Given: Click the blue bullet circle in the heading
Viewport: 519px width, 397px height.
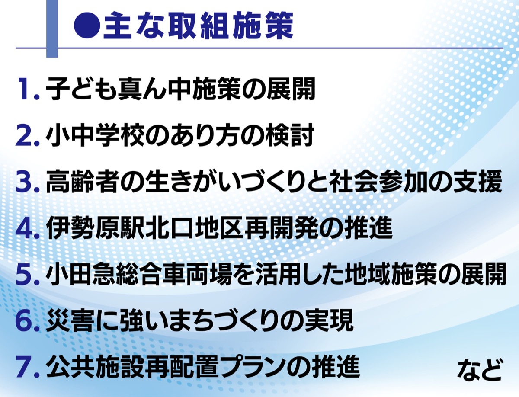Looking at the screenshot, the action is click(x=87, y=26).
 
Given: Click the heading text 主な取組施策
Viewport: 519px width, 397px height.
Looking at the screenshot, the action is click(x=199, y=26).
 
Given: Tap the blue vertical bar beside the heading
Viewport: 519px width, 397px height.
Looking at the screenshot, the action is click(x=52, y=29).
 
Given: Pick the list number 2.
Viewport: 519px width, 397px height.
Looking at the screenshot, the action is click(x=27, y=135).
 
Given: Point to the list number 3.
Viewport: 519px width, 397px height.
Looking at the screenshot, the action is click(x=27, y=182).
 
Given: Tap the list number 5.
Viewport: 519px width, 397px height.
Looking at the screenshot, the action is click(x=27, y=274).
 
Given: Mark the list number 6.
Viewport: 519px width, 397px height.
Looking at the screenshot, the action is click(x=27, y=320).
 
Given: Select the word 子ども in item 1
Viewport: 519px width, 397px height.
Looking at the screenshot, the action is click(x=81, y=89).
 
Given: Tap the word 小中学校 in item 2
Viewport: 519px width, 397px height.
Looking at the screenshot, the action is click(x=93, y=135).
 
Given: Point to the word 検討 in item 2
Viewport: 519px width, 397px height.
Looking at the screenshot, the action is click(x=290, y=135).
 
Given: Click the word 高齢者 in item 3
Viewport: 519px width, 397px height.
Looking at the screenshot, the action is click(x=82, y=182).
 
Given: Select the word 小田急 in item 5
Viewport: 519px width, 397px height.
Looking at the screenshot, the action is click(x=81, y=274).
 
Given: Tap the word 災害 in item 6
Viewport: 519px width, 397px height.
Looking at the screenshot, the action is click(x=69, y=320).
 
